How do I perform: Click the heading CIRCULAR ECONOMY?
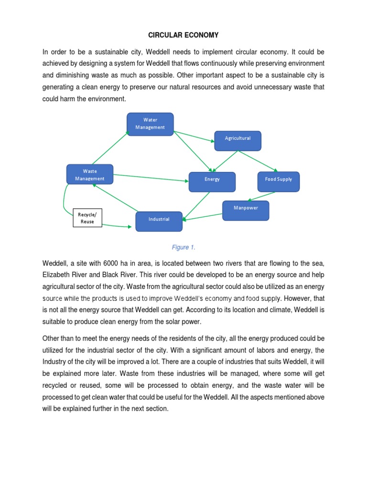pos(183,35)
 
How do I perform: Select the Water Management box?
pos(150,124)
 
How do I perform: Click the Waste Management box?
pos(90,175)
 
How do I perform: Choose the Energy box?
pos(212,180)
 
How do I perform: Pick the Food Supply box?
pos(278,180)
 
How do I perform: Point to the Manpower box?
pos(246,208)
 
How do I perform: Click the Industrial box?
pos(159,220)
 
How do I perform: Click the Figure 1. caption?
pos(183,247)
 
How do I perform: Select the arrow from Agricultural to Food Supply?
pos(258,161)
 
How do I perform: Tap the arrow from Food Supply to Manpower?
pos(261,196)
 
